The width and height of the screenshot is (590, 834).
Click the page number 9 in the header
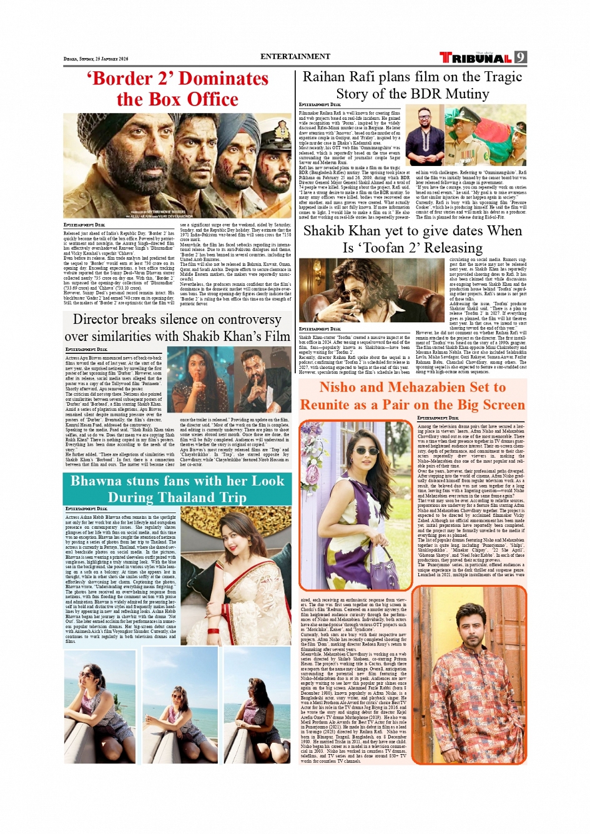click(521, 57)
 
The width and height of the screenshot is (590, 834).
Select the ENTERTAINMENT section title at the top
click(295, 56)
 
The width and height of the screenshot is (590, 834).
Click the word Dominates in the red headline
click(224, 79)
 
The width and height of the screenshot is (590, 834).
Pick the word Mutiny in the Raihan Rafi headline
click(460, 94)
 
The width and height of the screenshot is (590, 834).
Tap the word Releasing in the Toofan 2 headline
click(453, 248)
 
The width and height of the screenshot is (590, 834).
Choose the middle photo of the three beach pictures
click(180, 705)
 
